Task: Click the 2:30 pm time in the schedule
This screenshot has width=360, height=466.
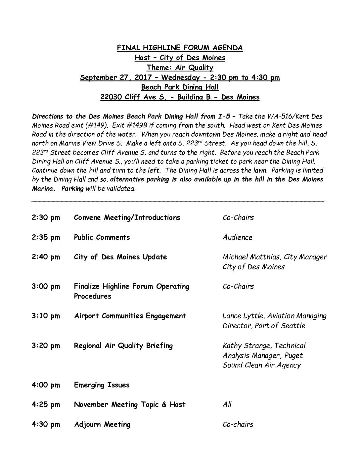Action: pyautogui.click(x=46, y=218)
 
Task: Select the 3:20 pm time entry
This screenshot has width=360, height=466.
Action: pyautogui.click(x=46, y=346)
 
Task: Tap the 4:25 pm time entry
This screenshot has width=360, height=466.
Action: pyautogui.click(x=46, y=405)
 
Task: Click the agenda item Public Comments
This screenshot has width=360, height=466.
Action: pyautogui.click(x=102, y=237)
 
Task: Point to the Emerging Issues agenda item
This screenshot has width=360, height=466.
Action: pyautogui.click(x=102, y=385)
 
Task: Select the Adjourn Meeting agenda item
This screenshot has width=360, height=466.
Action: pyautogui.click(x=102, y=424)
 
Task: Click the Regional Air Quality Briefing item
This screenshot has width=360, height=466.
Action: pyautogui.click(x=123, y=346)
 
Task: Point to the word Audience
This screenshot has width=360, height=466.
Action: pyautogui.click(x=237, y=237)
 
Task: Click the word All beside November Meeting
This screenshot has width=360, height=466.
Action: pyautogui.click(x=227, y=404)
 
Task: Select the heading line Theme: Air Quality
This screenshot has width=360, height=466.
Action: pyautogui.click(x=180, y=68)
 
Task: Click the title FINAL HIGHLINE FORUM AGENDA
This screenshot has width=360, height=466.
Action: pyautogui.click(x=180, y=48)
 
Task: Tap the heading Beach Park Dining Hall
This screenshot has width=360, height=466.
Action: pyautogui.click(x=180, y=87)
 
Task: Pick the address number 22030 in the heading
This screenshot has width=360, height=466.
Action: pyautogui.click(x=111, y=97)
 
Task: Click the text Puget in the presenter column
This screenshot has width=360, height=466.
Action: pyautogui.click(x=293, y=356)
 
